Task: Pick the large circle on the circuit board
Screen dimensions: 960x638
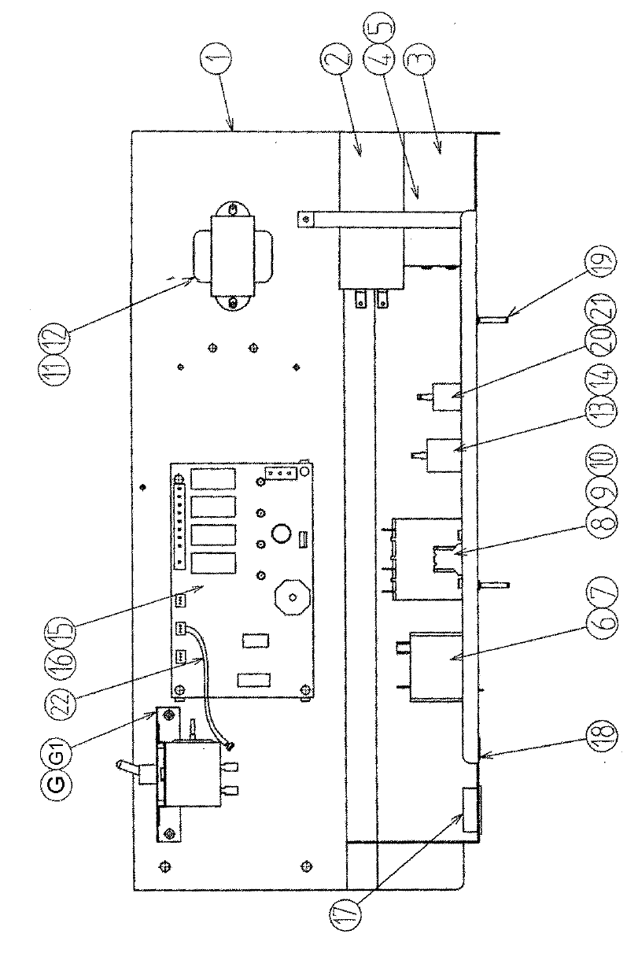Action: [x=281, y=534]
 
